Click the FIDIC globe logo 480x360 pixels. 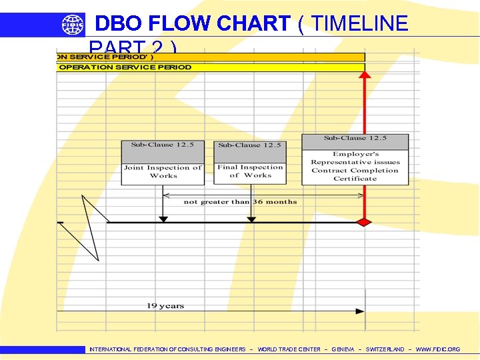[x=73, y=25]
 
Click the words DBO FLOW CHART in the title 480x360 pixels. [x=193, y=24]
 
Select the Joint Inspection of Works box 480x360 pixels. [x=163, y=172]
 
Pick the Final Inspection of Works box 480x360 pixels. [x=250, y=171]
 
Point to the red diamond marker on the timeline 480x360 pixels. [x=364, y=222]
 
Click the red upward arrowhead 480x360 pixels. [x=365, y=74]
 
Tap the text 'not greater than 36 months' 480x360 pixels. [x=241, y=201]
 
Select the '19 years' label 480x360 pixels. [x=165, y=305]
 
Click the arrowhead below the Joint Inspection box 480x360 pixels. [x=163, y=218]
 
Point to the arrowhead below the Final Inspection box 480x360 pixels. [x=251, y=218]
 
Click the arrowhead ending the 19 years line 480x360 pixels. [x=361, y=311]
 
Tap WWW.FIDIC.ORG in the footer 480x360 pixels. [x=438, y=349]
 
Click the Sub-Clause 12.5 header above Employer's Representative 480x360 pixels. [x=355, y=139]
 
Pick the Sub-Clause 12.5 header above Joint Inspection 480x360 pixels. [x=163, y=145]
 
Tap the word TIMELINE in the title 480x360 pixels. [x=359, y=24]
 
